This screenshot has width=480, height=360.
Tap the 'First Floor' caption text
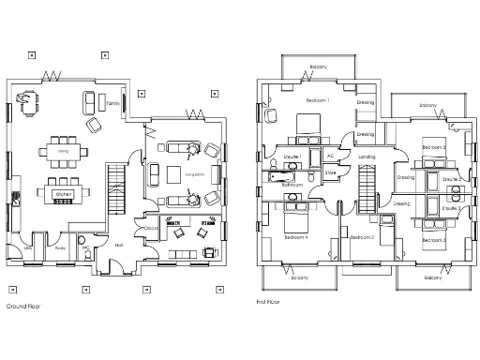click(x=269, y=302)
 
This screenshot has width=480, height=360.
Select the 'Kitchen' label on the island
click(x=64, y=194)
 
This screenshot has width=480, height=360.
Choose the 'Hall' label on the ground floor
click(x=118, y=245)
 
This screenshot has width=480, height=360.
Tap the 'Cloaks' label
click(x=151, y=228)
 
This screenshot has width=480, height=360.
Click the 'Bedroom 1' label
click(x=318, y=99)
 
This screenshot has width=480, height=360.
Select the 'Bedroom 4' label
click(x=296, y=237)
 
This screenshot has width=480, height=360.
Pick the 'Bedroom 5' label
click(x=362, y=237)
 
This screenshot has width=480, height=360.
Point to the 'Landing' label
click(x=367, y=156)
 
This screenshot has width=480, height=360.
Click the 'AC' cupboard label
click(x=329, y=157)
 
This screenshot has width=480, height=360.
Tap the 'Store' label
click(x=330, y=172)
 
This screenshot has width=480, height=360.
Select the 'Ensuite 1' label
click(x=292, y=156)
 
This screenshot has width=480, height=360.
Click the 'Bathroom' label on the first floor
click(x=292, y=186)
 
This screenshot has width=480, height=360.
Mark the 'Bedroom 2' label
click(x=432, y=148)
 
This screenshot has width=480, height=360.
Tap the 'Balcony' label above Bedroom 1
click(x=318, y=67)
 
